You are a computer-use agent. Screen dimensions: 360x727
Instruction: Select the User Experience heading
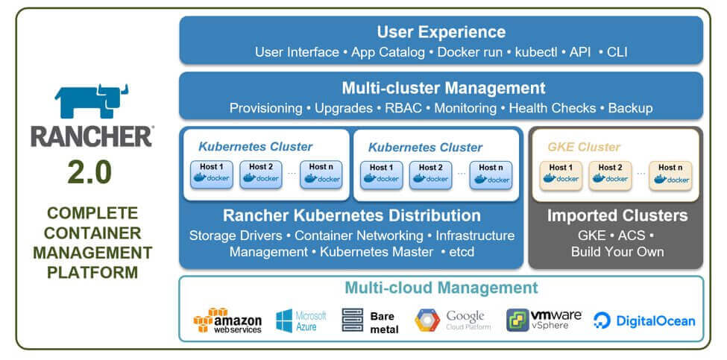point(441,32)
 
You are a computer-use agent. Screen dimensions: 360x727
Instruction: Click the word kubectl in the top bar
point(537,52)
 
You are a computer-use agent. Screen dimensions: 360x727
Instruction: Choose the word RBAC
point(403,108)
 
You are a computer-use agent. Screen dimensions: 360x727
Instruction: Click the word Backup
point(630,108)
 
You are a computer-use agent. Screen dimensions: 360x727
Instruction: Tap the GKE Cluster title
point(584,147)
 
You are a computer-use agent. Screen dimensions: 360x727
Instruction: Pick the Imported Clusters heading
point(617,216)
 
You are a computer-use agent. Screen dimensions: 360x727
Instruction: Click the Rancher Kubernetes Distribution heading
point(351,216)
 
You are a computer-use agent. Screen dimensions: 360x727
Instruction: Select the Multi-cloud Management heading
point(441,288)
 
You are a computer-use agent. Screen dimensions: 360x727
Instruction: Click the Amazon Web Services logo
point(227,320)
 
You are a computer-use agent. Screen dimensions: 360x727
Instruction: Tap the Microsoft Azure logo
point(301,320)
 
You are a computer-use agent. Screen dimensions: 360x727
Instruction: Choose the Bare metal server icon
point(352,320)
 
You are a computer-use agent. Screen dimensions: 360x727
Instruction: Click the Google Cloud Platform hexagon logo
point(428,320)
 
